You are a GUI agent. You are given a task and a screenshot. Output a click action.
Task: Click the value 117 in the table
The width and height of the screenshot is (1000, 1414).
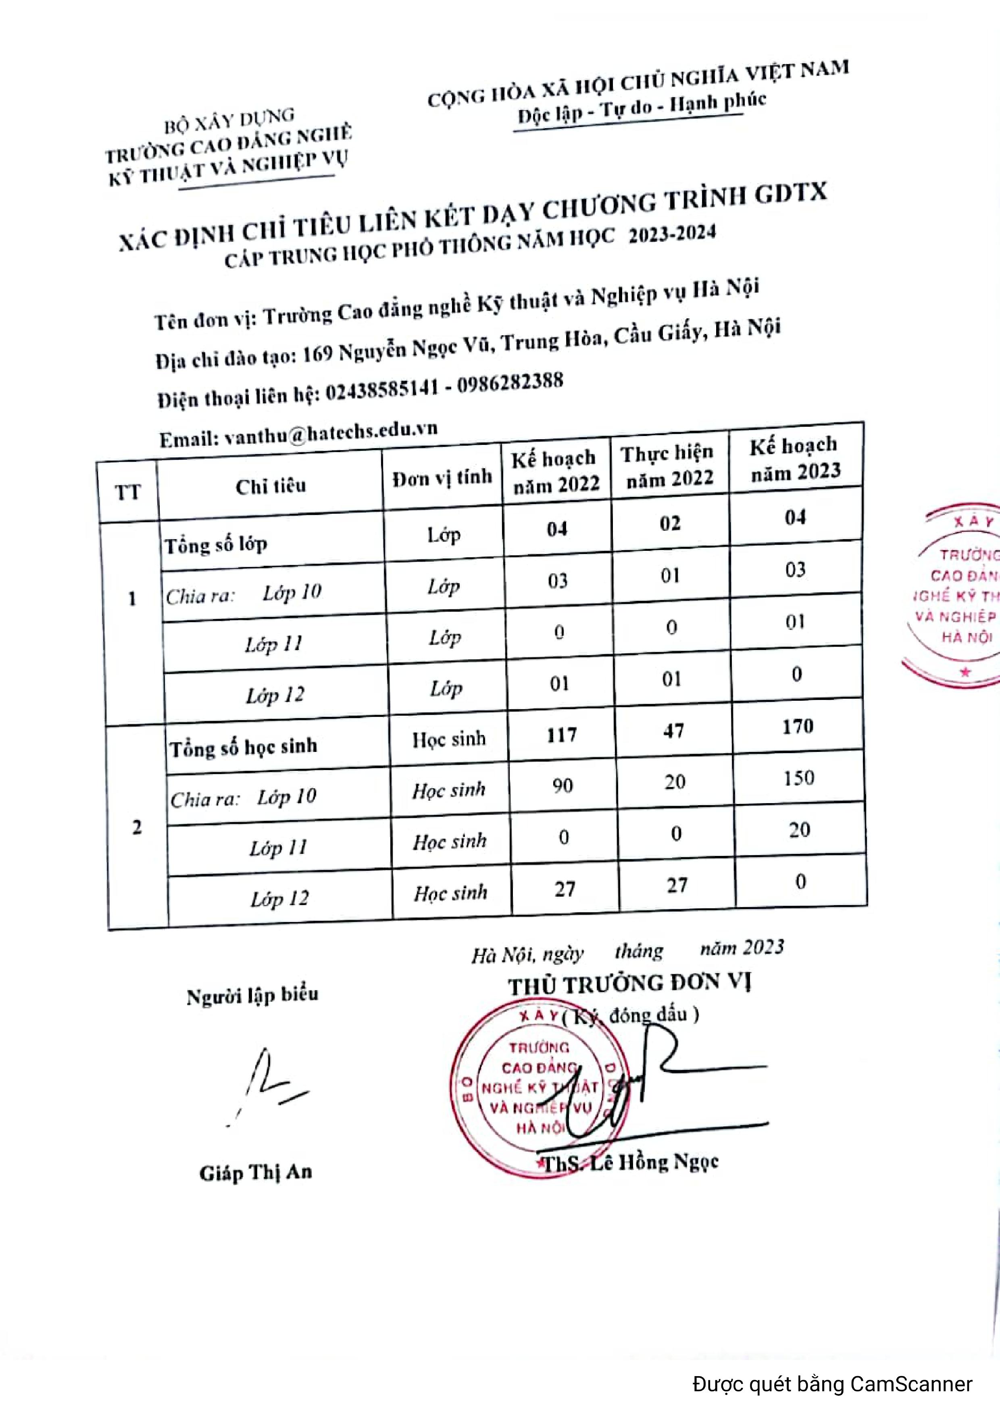(x=561, y=735)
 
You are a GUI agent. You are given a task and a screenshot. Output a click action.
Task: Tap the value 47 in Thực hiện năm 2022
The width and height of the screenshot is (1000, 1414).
(x=673, y=731)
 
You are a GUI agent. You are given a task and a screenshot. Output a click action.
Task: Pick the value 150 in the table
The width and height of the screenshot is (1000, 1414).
(x=798, y=779)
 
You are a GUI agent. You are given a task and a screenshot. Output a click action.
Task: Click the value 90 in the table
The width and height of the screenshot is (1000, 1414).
(x=562, y=786)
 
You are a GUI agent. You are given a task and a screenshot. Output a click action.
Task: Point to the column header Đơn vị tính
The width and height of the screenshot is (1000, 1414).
(x=442, y=477)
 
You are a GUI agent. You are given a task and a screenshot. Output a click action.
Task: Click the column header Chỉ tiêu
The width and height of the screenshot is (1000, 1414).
(x=271, y=486)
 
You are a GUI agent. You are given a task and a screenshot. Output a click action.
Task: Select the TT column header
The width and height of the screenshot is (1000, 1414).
(x=127, y=492)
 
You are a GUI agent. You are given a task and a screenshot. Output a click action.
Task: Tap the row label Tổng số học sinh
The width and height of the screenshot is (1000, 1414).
(x=244, y=747)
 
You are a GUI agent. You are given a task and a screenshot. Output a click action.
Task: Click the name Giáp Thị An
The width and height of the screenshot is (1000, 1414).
(x=256, y=1171)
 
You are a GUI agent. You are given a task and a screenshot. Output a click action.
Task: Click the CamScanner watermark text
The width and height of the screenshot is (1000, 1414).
(x=832, y=1383)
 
